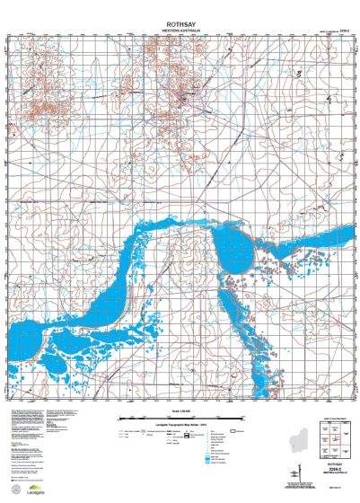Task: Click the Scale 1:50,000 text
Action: point(179,412)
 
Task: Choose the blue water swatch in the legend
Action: point(210,459)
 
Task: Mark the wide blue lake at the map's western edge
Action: point(27,337)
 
